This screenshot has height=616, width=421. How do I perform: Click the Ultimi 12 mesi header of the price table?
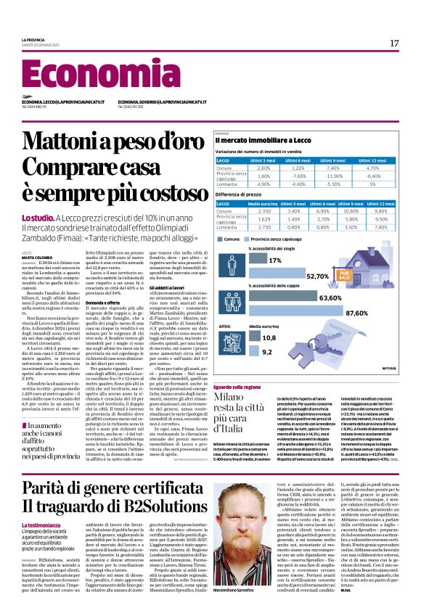pos(383,203)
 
